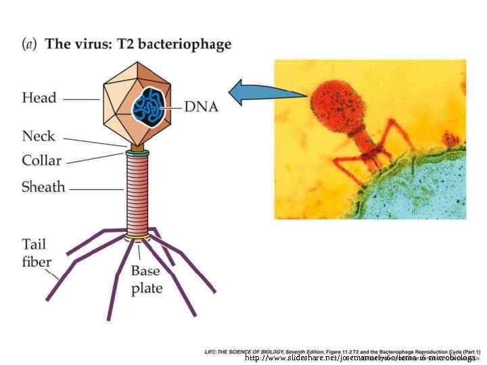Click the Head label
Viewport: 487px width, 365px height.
point(39,99)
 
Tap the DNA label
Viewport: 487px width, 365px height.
point(201,107)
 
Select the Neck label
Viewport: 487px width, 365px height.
point(39,137)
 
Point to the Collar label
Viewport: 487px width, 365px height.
point(41,161)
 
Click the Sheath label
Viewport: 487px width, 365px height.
point(43,187)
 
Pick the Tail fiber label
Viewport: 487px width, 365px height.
point(34,252)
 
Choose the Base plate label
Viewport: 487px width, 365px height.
point(145,279)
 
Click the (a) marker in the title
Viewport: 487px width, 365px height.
point(29,45)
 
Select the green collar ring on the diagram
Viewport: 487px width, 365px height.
point(137,153)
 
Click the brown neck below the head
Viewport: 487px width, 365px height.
point(137,146)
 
